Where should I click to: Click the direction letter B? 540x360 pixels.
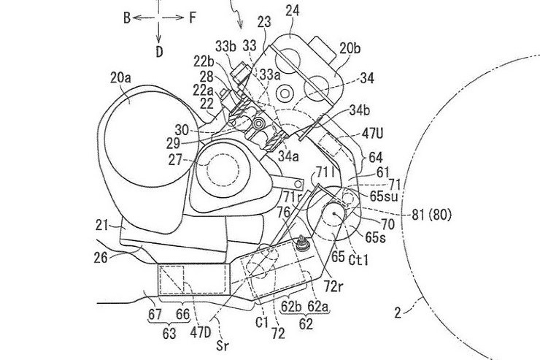coord(127,18)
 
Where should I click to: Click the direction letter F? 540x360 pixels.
coord(193,18)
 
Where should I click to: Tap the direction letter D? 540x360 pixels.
coord(159,52)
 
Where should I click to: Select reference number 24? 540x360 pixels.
coord(293,11)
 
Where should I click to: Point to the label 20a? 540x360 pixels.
coord(120,78)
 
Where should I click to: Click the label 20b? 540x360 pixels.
coord(350,49)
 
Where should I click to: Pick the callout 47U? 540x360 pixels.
coord(372,134)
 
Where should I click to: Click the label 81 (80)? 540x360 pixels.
coord(431,215)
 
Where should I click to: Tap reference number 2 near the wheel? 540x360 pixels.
coord(398,313)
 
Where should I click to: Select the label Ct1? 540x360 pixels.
coord(358,260)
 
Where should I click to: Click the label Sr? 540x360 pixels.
coord(223,345)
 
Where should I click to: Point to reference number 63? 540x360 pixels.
coord(169,334)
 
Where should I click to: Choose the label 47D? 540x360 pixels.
coord(201,332)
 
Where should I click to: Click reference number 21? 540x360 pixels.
coord(102,226)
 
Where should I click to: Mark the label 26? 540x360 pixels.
coord(101,257)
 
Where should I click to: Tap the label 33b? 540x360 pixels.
coord(226,46)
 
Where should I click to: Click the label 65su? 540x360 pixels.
coord(384,196)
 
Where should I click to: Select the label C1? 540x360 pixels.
coord(262,323)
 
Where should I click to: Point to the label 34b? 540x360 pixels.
coord(360,111)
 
